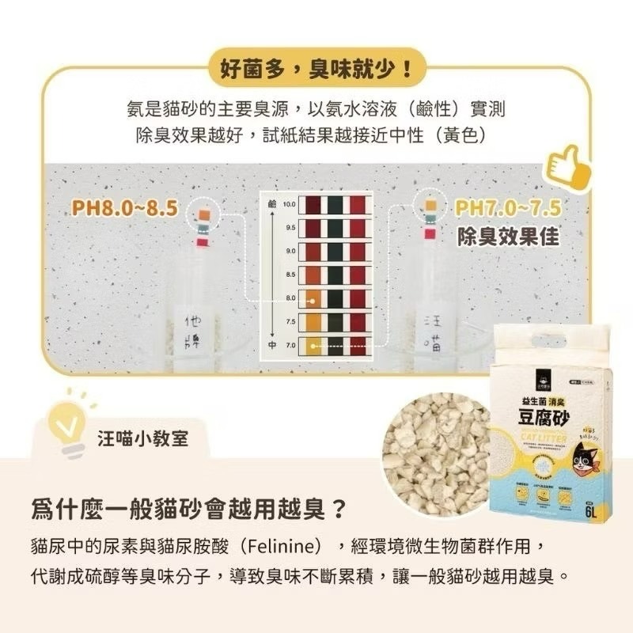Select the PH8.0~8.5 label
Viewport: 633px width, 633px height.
pyautogui.click(x=125, y=209)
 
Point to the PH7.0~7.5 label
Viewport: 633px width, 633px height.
pyautogui.click(x=507, y=209)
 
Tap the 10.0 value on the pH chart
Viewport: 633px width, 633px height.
pyautogui.click(x=290, y=204)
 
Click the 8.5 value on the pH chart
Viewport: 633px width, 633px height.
pyautogui.click(x=290, y=275)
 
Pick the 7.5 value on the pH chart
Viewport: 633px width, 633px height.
pyautogui.click(x=290, y=322)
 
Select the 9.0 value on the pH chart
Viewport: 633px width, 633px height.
pyautogui.click(x=290, y=251)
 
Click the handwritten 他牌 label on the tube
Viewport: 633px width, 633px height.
pyautogui.click(x=193, y=332)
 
